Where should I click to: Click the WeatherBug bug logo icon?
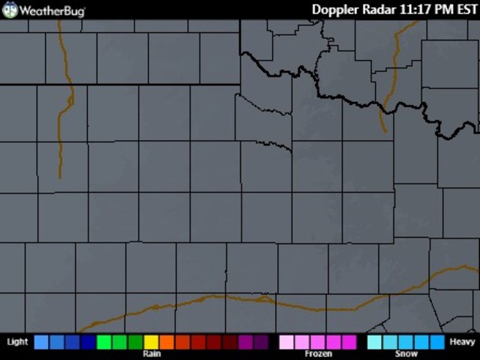coord(10,10)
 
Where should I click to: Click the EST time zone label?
coord(466,10)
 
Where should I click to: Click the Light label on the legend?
coord(17,342)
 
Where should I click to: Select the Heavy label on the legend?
coord(462,342)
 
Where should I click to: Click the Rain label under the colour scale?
coord(151,353)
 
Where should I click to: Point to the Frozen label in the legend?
coord(318,353)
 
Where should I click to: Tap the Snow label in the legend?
coord(406,353)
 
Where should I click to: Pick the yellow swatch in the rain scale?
coord(151,342)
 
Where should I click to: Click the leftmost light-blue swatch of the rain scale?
coord(41,342)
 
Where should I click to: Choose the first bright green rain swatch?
coord(104,342)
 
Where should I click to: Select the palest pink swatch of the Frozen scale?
coord(286,342)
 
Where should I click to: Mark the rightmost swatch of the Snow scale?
coord(437,342)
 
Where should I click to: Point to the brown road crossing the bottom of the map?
coord(225,297)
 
